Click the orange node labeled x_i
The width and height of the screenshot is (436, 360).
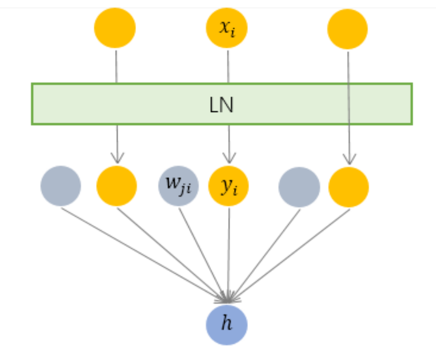pyautogui.click(x=226, y=28)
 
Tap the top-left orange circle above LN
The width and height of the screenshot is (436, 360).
pyautogui.click(x=115, y=28)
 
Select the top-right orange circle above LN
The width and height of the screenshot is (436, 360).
pyautogui.click(x=347, y=29)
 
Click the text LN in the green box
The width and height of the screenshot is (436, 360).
pyautogui.click(x=221, y=105)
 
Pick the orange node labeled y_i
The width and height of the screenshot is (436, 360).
pyautogui.click(x=228, y=186)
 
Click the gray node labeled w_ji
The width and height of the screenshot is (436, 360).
pyautogui.click(x=178, y=185)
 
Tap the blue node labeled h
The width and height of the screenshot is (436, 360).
pyautogui.click(x=226, y=324)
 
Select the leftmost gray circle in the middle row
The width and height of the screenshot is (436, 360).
pyautogui.click(x=61, y=186)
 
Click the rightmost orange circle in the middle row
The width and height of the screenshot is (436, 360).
pyautogui.click(x=349, y=187)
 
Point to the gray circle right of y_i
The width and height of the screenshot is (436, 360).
pyautogui.click(x=299, y=187)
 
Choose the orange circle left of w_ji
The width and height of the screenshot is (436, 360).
pyautogui.click(x=116, y=186)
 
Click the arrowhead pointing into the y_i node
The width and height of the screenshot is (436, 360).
pyautogui.click(x=228, y=159)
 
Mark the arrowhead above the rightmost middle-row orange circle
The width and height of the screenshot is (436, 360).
pyautogui.click(x=349, y=160)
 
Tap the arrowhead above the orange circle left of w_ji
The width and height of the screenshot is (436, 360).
pyautogui.click(x=117, y=159)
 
